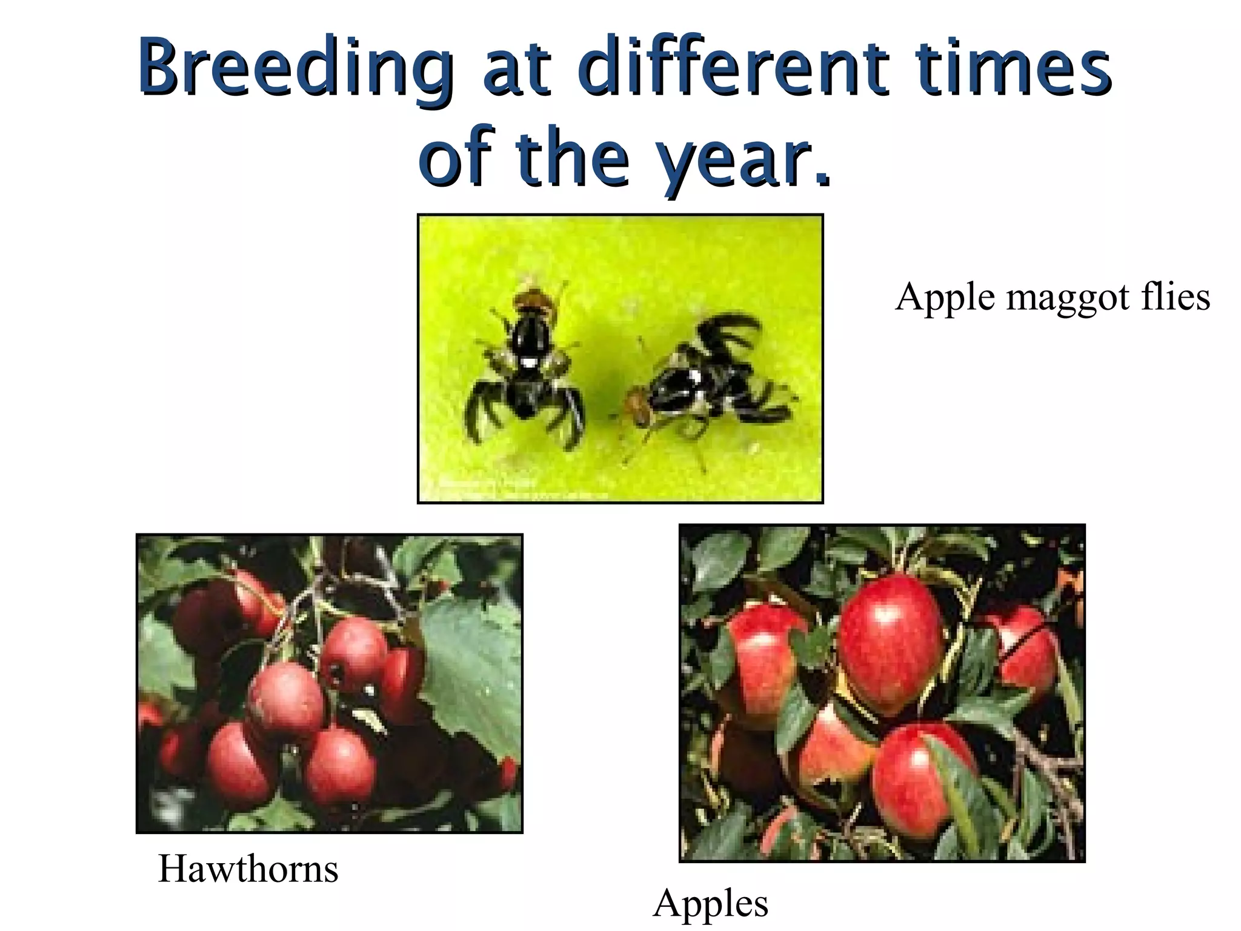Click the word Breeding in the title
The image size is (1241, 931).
[296, 68]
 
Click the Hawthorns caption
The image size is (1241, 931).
[248, 869]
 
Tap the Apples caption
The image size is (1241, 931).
[710, 903]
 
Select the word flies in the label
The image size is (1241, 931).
[1176, 296]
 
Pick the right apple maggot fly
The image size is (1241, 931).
[703, 382]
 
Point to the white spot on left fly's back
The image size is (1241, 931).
[529, 362]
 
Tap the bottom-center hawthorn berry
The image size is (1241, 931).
[339, 767]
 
